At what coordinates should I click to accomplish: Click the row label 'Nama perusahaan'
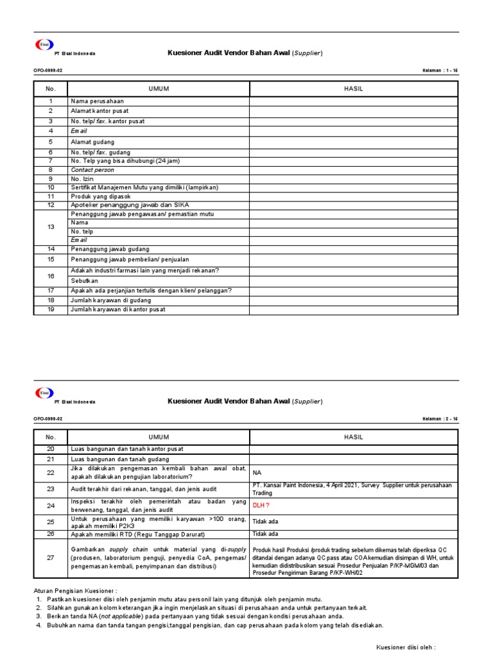click(x=97, y=101)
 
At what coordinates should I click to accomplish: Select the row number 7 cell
click(x=50, y=161)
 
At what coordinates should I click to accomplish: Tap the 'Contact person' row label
click(x=92, y=170)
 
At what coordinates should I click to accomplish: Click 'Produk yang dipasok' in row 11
click(x=101, y=196)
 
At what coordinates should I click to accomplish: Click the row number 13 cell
click(x=50, y=226)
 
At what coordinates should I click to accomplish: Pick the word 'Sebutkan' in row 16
click(x=84, y=281)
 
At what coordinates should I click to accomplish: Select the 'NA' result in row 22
click(x=257, y=472)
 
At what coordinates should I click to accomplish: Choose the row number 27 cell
click(x=50, y=558)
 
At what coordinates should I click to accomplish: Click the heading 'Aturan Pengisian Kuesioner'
click(x=75, y=590)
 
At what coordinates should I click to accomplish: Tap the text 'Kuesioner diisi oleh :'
click(x=406, y=647)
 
